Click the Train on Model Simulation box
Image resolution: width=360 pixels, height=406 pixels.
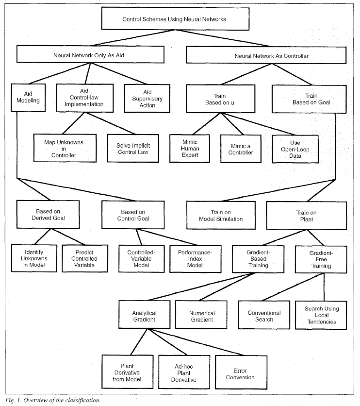coord(219,215)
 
